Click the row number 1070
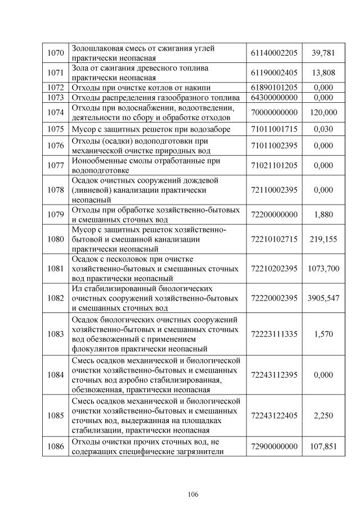tap(55, 53)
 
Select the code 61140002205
tap(274, 53)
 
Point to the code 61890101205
tap(274, 88)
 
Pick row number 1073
tap(55, 98)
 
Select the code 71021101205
tap(274, 166)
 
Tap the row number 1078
tap(55, 190)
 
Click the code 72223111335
tap(274, 334)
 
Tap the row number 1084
tap(55, 375)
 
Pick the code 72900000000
tap(274, 447)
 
